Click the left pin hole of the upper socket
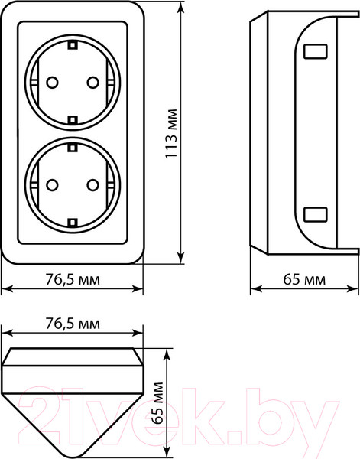pyautogui.click(x=52, y=81)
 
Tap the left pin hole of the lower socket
pyautogui.click(x=52, y=184)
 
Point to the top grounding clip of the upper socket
pyautogui.click(x=73, y=45)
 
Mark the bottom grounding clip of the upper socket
pyautogui.click(x=73, y=118)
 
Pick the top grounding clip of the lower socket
pyautogui.click(x=73, y=147)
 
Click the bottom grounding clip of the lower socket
pyautogui.click(x=73, y=220)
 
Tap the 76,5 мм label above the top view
pyautogui.click(x=73, y=324)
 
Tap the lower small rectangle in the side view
pyautogui.click(x=314, y=213)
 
